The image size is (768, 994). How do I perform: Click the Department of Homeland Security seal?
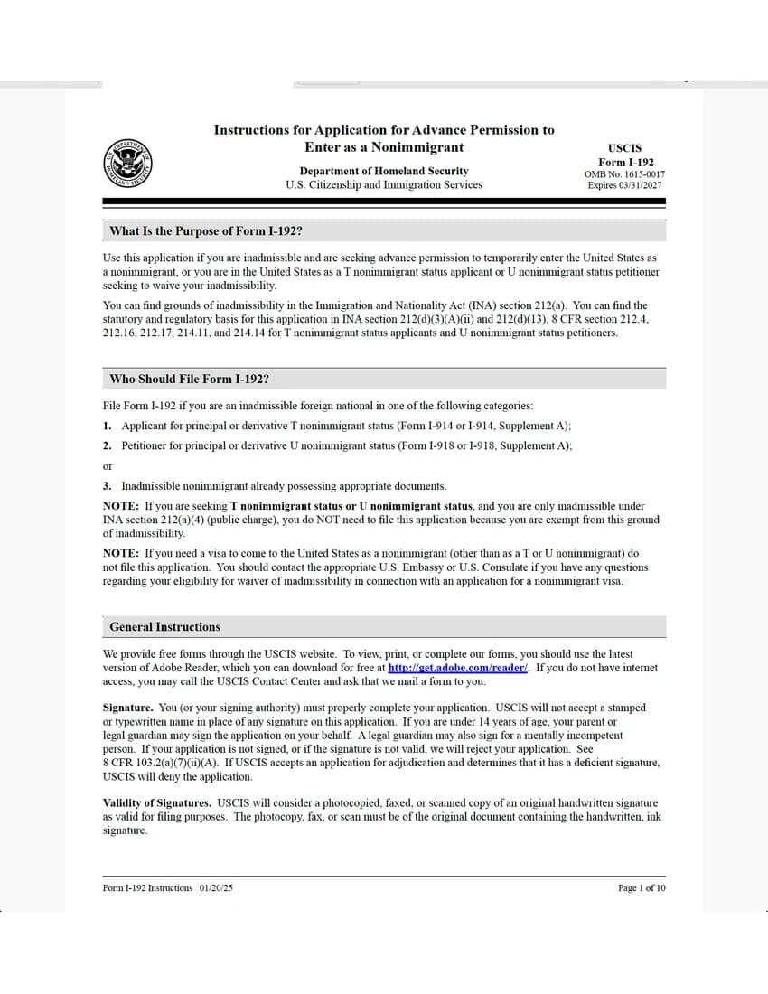coord(127,164)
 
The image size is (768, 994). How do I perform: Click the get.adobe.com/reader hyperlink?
coord(458,668)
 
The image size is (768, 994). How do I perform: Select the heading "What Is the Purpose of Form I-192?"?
coord(205,231)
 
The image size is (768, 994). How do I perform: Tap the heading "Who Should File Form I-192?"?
coord(189,380)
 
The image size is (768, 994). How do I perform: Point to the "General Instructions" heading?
coord(164,627)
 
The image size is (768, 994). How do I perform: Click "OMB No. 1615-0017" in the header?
coord(624,174)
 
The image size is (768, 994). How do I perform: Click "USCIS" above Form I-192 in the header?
coord(624,148)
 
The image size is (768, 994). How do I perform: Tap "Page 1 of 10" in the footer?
coord(642,888)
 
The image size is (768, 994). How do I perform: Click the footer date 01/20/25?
coord(216,888)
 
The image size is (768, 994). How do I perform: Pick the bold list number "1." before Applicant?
coord(108,426)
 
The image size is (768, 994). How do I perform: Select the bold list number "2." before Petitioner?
coord(108,445)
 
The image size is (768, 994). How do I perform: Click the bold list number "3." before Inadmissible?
coord(108,486)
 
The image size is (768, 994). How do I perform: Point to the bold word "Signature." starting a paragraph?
coord(127,708)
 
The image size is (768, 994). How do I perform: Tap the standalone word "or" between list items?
coord(108,466)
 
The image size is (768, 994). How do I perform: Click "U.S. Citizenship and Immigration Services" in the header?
coord(383,185)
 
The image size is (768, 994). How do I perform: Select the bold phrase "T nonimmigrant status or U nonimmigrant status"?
coord(351,506)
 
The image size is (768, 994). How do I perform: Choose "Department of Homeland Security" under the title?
coord(383,171)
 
